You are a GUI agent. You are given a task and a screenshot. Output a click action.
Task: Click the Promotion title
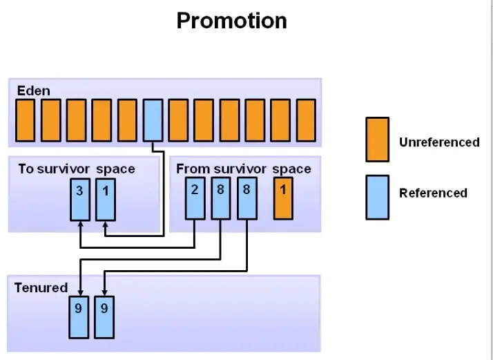pyautogui.click(x=231, y=21)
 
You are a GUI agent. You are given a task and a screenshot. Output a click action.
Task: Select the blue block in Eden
pyautogui.click(x=153, y=120)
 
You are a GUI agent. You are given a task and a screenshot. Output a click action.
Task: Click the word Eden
pyautogui.click(x=33, y=91)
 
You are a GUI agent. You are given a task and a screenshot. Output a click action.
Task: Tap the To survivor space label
pyautogui.click(x=76, y=169)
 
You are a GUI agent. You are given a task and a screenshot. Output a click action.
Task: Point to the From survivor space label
pyautogui.click(x=243, y=169)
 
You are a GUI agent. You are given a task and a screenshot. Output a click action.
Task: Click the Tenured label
pyautogui.click(x=41, y=287)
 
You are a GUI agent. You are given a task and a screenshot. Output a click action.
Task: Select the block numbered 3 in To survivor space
pyautogui.click(x=80, y=199)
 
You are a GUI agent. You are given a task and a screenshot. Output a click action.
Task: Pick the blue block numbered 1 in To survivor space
pyautogui.click(x=105, y=199)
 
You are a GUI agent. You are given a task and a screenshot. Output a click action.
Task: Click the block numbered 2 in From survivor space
pyautogui.click(x=195, y=199)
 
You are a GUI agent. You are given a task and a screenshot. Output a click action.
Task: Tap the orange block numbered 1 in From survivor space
pyautogui.click(x=282, y=199)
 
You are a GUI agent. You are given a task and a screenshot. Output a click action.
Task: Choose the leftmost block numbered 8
pyautogui.click(x=220, y=199)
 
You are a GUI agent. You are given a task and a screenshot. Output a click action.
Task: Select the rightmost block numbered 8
pyautogui.click(x=245, y=199)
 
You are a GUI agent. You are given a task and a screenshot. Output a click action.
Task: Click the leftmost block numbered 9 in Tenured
pyautogui.click(x=79, y=317)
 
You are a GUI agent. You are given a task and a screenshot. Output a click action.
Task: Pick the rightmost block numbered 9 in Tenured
pyautogui.click(x=104, y=317)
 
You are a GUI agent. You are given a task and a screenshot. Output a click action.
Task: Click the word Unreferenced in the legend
pyautogui.click(x=439, y=142)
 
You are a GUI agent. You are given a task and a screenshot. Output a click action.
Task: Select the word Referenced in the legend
pyautogui.click(x=433, y=193)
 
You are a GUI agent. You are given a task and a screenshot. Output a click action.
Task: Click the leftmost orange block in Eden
pyautogui.click(x=26, y=120)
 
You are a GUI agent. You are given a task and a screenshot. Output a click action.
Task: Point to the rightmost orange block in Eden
pyautogui.click(x=306, y=120)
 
